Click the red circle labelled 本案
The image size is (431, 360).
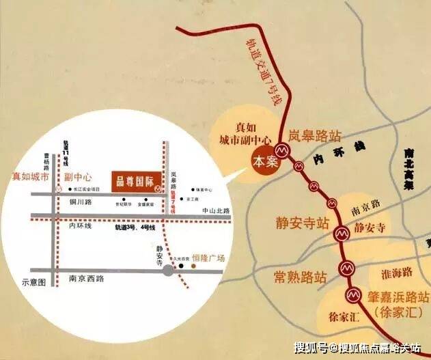[263, 163]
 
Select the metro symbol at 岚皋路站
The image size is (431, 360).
[281, 150]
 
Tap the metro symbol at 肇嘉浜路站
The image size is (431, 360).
[352, 295]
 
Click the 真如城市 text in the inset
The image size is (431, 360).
[31, 176]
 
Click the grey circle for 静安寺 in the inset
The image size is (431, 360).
[167, 271]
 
